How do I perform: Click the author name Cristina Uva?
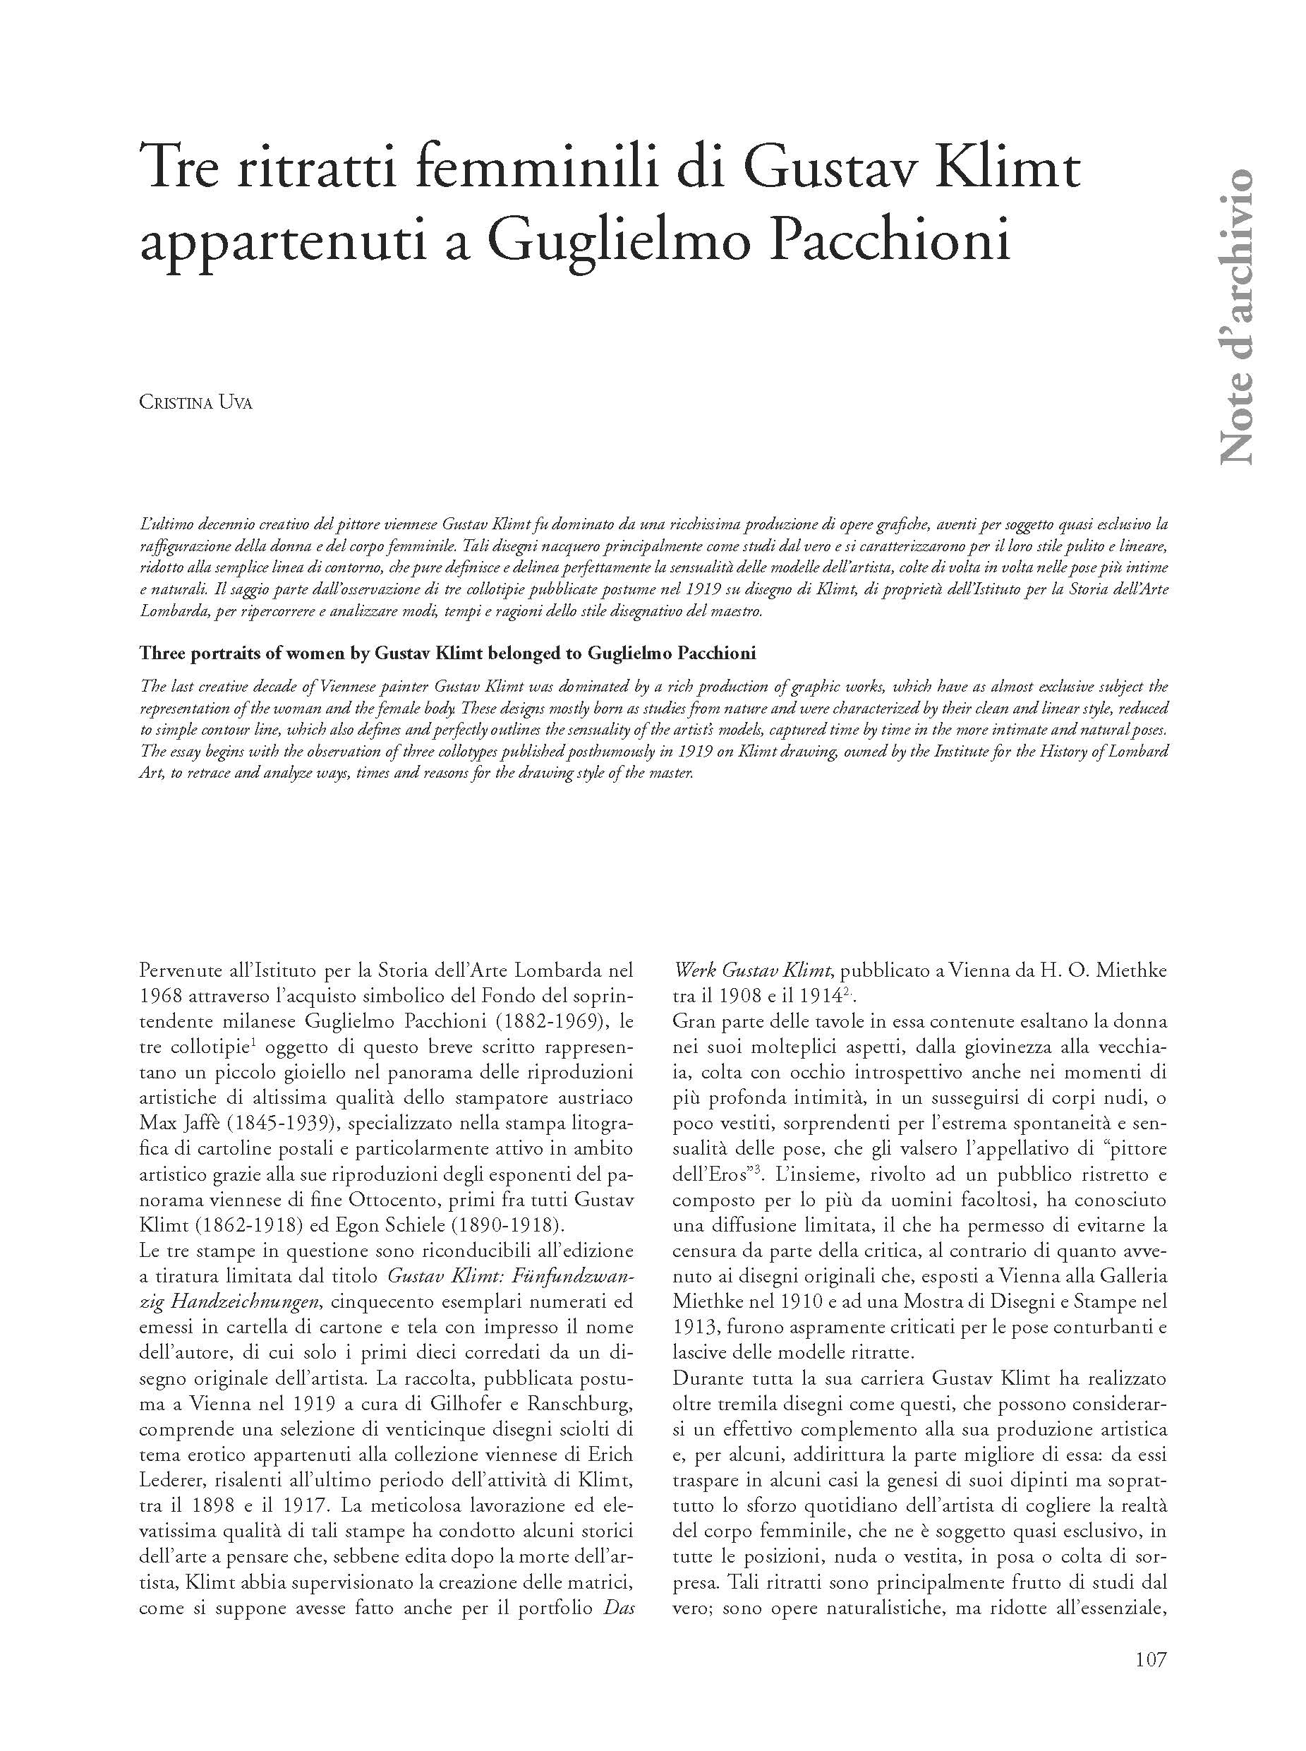tap(196, 402)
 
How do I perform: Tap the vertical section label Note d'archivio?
tap(1235, 316)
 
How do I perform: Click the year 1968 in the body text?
tap(164, 996)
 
